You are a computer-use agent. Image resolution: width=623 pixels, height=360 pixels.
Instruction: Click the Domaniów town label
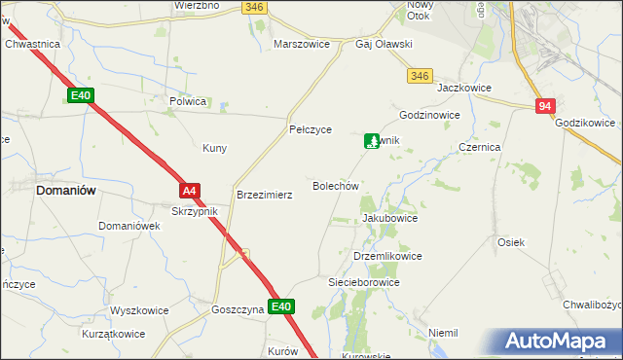[x=65, y=191]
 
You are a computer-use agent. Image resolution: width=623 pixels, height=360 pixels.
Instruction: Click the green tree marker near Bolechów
[x=372, y=142]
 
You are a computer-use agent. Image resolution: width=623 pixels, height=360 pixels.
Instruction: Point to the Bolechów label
[x=336, y=185]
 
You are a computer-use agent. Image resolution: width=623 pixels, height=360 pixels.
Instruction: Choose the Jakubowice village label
[x=389, y=219]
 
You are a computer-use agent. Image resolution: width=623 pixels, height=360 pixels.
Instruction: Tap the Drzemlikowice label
[x=387, y=256]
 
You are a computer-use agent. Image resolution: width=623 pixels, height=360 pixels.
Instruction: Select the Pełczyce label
[x=311, y=129]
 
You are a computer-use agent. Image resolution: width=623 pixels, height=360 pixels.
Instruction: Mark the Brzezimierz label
[x=265, y=195]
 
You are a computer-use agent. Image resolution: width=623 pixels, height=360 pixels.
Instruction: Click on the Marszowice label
[x=303, y=45]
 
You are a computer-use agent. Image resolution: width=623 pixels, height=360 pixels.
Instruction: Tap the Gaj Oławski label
[x=385, y=45]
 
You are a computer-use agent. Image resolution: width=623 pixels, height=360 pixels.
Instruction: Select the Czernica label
[x=479, y=147]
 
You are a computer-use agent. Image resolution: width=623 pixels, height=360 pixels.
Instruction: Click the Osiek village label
[x=511, y=242]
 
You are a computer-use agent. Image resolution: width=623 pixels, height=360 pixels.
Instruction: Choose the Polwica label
[x=188, y=101]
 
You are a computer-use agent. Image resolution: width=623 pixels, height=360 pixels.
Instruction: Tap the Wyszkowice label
[x=139, y=311]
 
